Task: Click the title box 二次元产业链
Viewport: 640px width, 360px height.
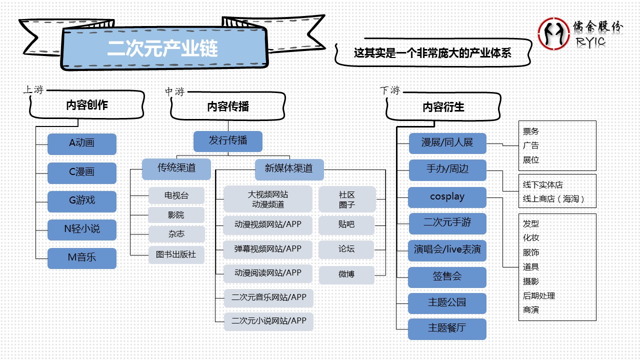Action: [163, 48]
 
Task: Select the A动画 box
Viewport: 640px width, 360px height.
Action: [82, 143]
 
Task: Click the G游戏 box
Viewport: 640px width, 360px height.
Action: [82, 201]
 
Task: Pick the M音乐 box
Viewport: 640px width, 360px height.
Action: [82, 258]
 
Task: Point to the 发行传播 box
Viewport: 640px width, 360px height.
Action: [228, 141]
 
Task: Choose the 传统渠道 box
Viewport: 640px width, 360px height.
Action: [176, 168]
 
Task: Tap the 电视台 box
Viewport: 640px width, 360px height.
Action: [176, 195]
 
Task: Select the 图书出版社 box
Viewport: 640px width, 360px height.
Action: [176, 254]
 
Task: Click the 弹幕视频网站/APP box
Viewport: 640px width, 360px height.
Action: [268, 249]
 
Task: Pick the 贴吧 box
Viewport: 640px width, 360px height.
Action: [346, 225]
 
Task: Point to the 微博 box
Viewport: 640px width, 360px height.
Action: [346, 274]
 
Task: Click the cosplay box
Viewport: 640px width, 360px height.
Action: [447, 197]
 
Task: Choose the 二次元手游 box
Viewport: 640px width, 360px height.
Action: [447, 223]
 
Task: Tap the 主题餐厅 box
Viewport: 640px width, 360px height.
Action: [447, 328]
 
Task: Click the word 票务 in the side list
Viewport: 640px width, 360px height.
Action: [531, 131]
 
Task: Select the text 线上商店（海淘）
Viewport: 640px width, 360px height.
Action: [553, 199]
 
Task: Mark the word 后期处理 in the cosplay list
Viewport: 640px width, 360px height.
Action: [539, 296]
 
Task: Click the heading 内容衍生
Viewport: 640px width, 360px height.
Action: [443, 107]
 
